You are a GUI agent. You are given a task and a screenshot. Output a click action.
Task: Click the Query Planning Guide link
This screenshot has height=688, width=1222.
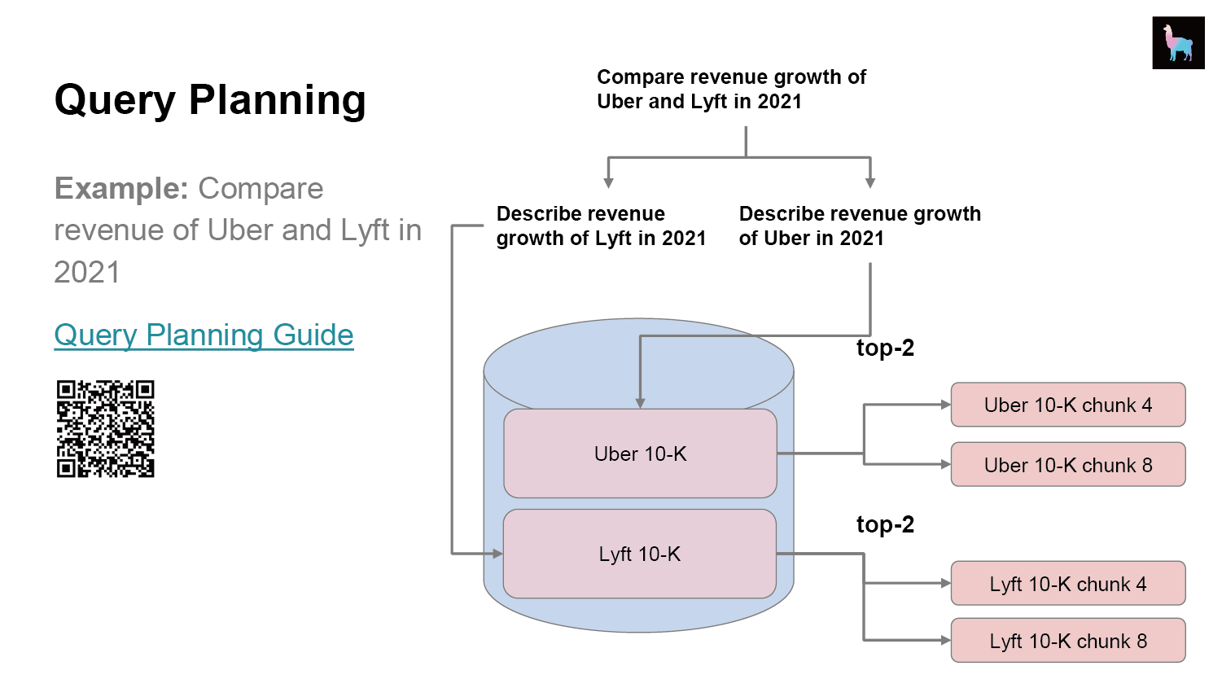tap(204, 335)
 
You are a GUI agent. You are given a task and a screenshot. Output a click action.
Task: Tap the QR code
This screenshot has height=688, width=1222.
tap(105, 429)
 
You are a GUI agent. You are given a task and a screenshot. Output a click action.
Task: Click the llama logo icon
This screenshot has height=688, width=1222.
tap(1178, 42)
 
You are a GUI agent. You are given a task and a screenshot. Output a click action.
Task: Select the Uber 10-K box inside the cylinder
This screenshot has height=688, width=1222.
tap(640, 454)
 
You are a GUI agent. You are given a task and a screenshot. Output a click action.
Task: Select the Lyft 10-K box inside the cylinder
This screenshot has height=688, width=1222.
tap(639, 554)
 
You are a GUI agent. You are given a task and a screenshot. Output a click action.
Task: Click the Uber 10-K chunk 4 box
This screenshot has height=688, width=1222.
tap(1067, 405)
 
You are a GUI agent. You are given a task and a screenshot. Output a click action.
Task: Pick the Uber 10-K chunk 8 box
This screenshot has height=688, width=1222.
tap(1067, 465)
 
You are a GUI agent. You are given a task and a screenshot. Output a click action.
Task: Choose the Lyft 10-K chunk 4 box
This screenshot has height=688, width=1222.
tap(1067, 584)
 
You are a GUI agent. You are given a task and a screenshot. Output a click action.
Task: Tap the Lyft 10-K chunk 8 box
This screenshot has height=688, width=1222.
tap(1067, 641)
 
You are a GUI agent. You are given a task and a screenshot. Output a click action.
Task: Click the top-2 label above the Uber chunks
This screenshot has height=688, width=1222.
tap(885, 348)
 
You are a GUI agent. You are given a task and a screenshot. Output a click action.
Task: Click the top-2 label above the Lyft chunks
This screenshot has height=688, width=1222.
tap(885, 525)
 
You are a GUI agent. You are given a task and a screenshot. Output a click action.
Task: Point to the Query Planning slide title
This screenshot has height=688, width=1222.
tap(210, 101)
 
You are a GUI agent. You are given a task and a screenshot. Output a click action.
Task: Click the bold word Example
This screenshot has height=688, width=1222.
tap(121, 189)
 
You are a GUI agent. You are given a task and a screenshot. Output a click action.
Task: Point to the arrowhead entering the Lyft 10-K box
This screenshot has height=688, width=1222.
tap(497, 554)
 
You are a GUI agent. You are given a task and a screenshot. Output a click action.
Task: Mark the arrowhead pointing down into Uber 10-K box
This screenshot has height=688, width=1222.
tap(640, 403)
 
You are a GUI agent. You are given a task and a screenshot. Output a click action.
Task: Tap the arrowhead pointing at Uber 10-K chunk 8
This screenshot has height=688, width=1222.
tap(945, 464)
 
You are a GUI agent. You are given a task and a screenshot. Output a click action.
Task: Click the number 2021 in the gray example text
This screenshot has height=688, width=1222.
tap(87, 272)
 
